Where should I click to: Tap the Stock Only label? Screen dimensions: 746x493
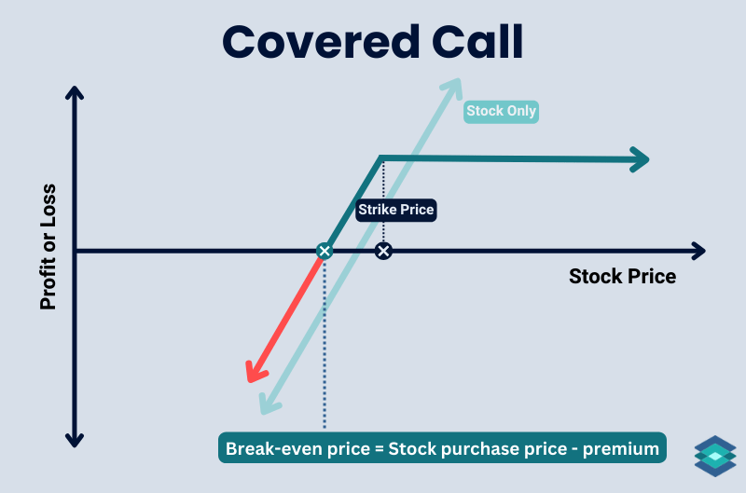tap(502, 112)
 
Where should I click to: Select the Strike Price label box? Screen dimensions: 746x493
tap(396, 210)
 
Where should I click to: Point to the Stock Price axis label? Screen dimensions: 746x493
tap(622, 277)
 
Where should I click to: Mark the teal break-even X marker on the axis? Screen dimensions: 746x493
tap(324, 251)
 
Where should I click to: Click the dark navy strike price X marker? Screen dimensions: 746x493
tap(382, 251)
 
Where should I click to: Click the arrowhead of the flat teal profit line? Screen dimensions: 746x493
tap(639, 159)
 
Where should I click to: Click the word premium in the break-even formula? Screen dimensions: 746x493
tap(622, 449)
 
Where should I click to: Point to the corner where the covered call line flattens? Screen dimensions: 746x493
tap(381, 157)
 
